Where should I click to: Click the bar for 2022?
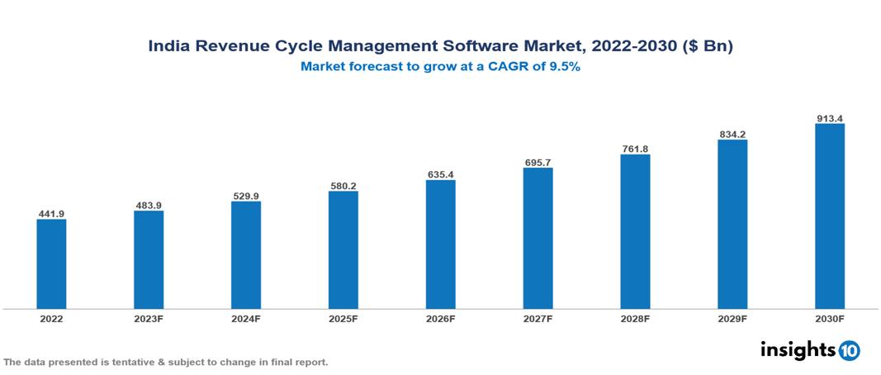pyautogui.click(x=51, y=263)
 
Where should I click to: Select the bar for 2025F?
pyautogui.click(x=343, y=249)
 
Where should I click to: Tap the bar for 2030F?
pyautogui.click(x=829, y=216)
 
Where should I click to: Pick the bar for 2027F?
pyautogui.click(x=538, y=238)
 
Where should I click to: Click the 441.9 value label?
pyautogui.click(x=51, y=214)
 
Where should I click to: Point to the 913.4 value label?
pyautogui.click(x=829, y=119)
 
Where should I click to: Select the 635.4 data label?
pyautogui.click(x=440, y=174)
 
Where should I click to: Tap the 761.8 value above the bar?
pyautogui.click(x=635, y=150)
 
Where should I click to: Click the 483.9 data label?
pyautogui.click(x=149, y=206)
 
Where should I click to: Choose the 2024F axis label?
pyautogui.click(x=246, y=318)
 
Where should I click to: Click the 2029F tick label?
pyautogui.click(x=732, y=318)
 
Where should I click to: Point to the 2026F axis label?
pyautogui.click(x=440, y=318)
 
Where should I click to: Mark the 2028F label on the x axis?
pyautogui.click(x=635, y=318)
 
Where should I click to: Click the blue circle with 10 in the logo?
pyautogui.click(x=849, y=350)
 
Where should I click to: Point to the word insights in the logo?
pyautogui.click(x=798, y=349)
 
